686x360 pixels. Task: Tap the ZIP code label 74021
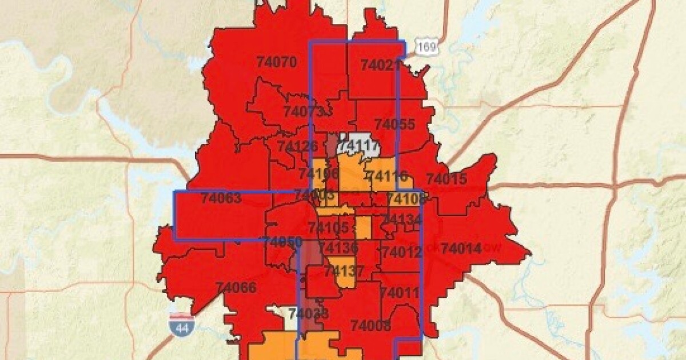[380, 65]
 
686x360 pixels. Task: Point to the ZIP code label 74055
[394, 124]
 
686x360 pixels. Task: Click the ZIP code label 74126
[298, 146]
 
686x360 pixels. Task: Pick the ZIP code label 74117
[358, 147]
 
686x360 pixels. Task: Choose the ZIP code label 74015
[446, 178]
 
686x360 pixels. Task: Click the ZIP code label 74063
[221, 199]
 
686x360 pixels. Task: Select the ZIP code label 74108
[406, 199]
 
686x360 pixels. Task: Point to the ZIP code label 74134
[401, 219]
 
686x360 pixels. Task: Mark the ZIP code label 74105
[328, 228]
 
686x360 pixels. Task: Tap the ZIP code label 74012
[401, 251]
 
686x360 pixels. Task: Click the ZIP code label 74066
[236, 287]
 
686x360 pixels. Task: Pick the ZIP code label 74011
[400, 293]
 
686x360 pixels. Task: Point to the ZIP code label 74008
[370, 326]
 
